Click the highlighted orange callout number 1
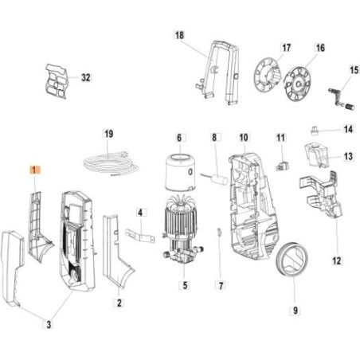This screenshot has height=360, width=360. click(x=34, y=170)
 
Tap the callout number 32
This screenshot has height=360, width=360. click(x=86, y=77)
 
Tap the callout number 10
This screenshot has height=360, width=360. click(x=244, y=138)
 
